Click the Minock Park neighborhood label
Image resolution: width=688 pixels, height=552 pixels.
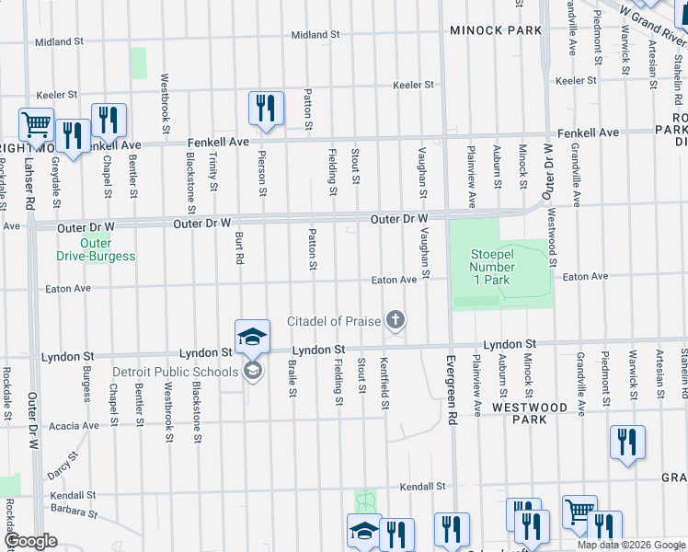(x=496, y=30)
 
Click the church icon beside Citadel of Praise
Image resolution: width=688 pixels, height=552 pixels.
(x=396, y=320)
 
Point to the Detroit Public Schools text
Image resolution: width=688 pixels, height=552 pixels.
(x=174, y=372)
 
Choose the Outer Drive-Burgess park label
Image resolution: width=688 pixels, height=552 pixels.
(x=95, y=250)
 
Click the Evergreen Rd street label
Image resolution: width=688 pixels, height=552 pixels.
(x=451, y=376)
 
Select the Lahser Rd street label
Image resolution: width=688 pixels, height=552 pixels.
(x=32, y=181)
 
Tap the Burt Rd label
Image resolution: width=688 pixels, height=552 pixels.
(x=238, y=247)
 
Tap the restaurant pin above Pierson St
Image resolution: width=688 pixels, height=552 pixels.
(x=265, y=108)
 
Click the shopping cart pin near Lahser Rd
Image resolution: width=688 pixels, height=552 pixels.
(x=36, y=124)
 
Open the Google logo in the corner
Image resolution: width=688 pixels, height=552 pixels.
(x=30, y=541)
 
